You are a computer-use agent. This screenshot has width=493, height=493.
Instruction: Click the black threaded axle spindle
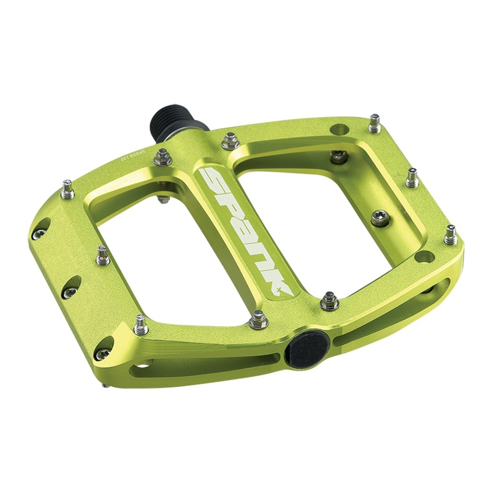click(172, 121)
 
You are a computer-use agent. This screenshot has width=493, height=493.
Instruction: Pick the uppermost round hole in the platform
click(338, 129)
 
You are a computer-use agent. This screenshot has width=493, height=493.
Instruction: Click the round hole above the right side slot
click(424, 255)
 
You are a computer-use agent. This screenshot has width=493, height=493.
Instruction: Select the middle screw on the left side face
click(70, 291)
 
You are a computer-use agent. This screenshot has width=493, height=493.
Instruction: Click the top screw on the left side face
click(40, 234)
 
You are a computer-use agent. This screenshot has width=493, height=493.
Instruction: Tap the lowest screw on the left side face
click(102, 354)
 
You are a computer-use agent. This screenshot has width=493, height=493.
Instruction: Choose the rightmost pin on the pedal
click(450, 234)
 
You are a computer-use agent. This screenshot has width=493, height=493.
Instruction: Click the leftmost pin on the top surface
click(67, 189)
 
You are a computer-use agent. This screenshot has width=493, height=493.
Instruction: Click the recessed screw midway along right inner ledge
click(380, 217)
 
